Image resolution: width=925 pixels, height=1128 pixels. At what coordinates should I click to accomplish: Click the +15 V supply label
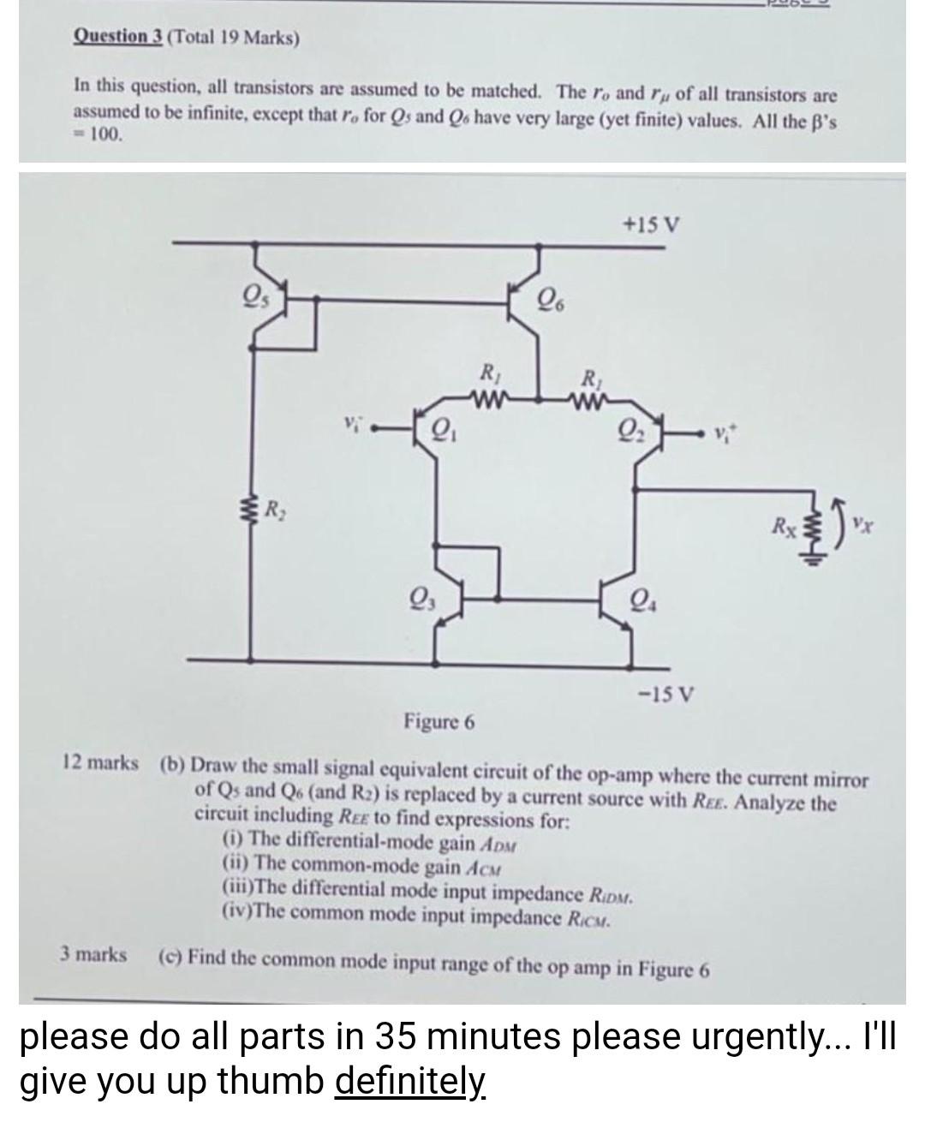click(653, 225)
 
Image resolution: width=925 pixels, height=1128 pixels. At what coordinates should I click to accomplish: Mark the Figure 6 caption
click(439, 721)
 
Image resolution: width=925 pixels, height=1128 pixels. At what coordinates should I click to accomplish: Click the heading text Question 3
click(118, 37)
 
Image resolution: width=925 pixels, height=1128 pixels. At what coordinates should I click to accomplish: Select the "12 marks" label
click(100, 762)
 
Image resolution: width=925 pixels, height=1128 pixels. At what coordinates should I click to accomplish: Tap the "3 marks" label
click(93, 954)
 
